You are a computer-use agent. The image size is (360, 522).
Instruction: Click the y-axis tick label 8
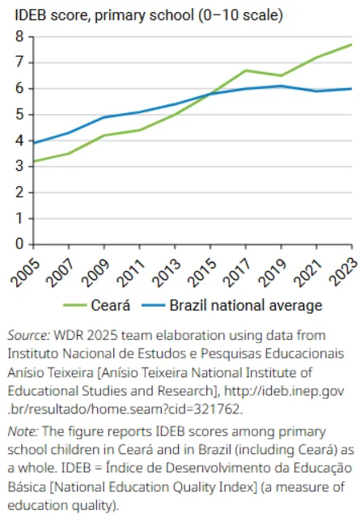tap(19, 36)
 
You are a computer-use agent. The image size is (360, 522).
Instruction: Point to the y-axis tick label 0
tap(19, 244)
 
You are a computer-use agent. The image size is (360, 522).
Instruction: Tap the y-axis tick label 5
tap(19, 114)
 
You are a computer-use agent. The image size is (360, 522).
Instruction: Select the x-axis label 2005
tap(25, 273)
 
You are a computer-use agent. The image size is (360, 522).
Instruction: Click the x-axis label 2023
tap(345, 272)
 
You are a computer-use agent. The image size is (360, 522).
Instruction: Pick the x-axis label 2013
tap(167, 273)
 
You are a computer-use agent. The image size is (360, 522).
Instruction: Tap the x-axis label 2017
tap(238, 273)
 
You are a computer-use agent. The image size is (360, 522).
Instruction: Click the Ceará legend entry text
tap(111, 305)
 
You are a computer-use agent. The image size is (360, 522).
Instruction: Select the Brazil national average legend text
tap(246, 305)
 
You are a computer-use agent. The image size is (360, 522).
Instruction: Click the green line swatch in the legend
tap(75, 305)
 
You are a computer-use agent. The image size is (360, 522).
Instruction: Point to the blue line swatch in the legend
tap(154, 305)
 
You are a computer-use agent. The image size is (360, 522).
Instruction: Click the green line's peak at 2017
tap(246, 70)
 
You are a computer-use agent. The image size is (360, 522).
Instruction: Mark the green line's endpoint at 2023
tap(352, 45)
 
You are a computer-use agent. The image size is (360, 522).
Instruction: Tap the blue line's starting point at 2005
tap(34, 143)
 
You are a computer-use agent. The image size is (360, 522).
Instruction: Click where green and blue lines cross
tap(210, 94)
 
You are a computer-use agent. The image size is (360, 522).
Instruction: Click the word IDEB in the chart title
tap(31, 15)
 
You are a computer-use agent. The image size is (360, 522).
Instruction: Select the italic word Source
tap(28, 335)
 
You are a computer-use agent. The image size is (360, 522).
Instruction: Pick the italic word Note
tap(23, 431)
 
